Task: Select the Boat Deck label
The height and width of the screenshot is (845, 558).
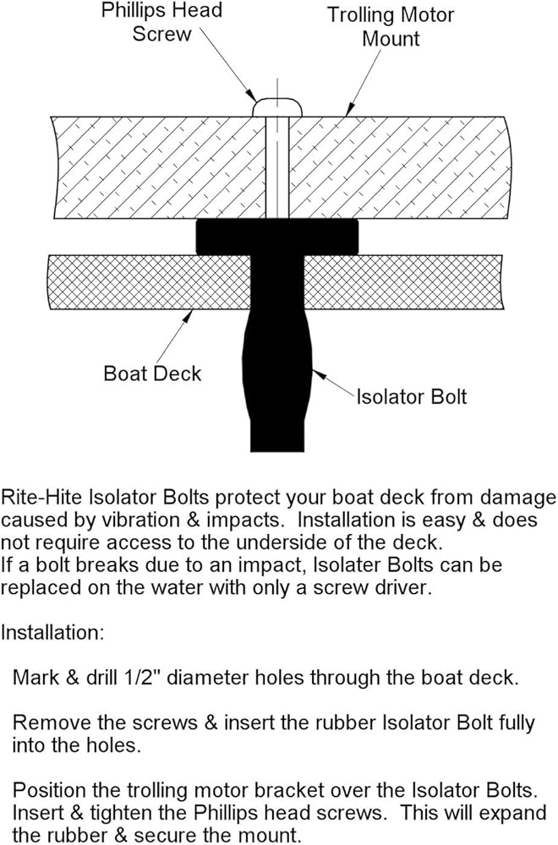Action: click(x=152, y=373)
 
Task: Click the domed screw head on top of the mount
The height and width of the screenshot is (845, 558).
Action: click(x=278, y=106)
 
